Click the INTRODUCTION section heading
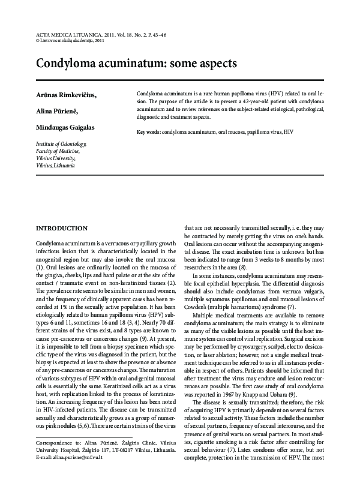coord(62,229)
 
